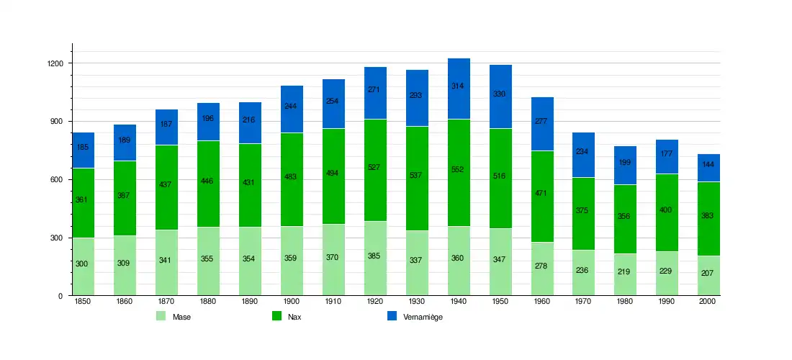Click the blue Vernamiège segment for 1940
click(x=459, y=89)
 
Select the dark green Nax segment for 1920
click(x=375, y=170)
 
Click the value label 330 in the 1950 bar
click(x=500, y=94)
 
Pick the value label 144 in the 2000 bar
click(x=708, y=165)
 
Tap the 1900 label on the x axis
click(x=292, y=302)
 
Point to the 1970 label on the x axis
click(x=584, y=302)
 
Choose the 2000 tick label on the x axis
click(x=708, y=302)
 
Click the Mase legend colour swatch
click(x=161, y=316)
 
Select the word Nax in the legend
click(x=294, y=317)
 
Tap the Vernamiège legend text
click(x=423, y=317)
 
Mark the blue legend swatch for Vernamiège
click(x=392, y=316)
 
